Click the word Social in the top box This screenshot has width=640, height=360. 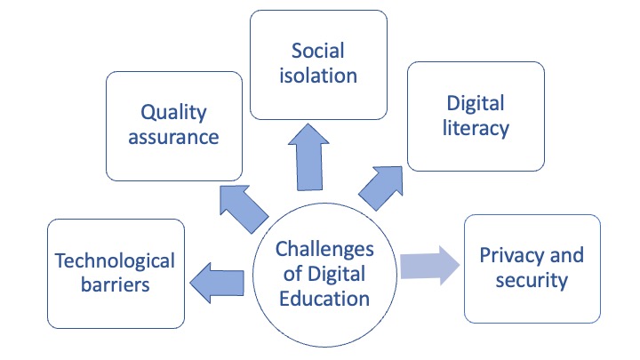tap(318, 51)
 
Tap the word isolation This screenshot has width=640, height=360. tap(318, 76)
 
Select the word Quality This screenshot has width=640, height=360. tap(174, 113)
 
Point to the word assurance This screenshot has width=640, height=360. tap(174, 137)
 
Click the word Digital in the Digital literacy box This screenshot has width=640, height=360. tap(476, 104)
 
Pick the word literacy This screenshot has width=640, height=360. tap(476, 129)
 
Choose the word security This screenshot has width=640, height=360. tap(532, 280)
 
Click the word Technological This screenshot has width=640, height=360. tap(115, 261)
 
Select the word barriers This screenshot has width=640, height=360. tap(116, 284)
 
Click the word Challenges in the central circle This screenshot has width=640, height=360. tap(324, 250)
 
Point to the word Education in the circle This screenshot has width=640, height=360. tap(324, 299)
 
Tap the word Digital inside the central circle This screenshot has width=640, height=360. tap(336, 275)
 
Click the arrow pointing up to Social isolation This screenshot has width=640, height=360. tap(309, 157)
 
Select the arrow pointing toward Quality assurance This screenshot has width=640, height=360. tap(244, 209)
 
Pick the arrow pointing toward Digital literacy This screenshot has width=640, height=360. tap(380, 188)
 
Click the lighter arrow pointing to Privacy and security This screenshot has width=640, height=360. tap(430, 266)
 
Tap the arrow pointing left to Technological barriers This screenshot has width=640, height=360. tap(217, 283)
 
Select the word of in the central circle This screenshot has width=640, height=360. tap(293, 274)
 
